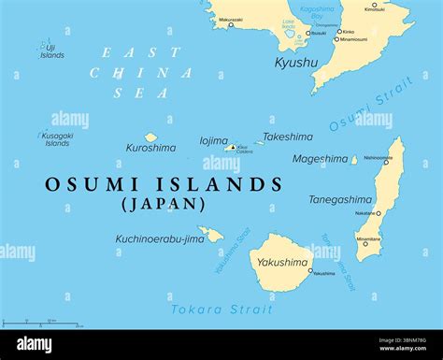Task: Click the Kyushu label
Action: click(296, 63)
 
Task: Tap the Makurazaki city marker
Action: click(232, 25)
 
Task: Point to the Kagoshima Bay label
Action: click(317, 12)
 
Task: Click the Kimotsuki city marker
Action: click(374, 5)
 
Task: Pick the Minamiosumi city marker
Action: click(336, 39)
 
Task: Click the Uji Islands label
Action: click(51, 51)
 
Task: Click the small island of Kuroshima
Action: click(150, 137)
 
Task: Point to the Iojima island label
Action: click(213, 141)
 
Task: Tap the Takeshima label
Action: click(287, 137)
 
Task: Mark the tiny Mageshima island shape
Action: click(354, 160)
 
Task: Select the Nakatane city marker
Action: click(380, 213)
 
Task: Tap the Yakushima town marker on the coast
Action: click(310, 271)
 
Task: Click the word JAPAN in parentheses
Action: click(163, 204)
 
